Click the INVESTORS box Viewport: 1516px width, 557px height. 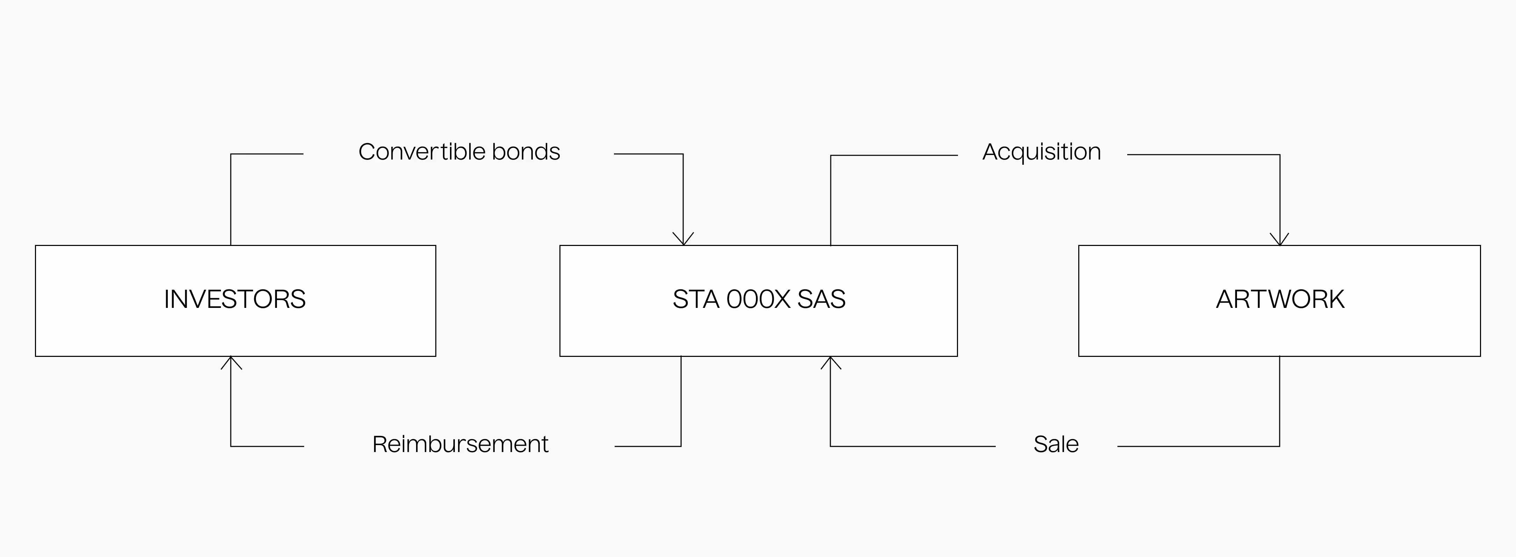235,330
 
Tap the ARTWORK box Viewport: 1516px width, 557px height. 1279,330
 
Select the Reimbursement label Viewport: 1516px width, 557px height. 460,444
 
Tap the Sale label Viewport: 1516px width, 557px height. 1056,444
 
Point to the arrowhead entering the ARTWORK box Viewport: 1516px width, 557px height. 1279,240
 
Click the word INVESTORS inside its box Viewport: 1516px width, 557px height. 235,299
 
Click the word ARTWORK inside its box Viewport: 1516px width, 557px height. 1280,299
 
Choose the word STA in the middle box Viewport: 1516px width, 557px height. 696,299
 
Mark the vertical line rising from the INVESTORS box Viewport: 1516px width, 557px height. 231,200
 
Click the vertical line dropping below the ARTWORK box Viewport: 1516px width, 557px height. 1279,400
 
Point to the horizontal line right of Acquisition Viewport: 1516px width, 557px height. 1201,155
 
